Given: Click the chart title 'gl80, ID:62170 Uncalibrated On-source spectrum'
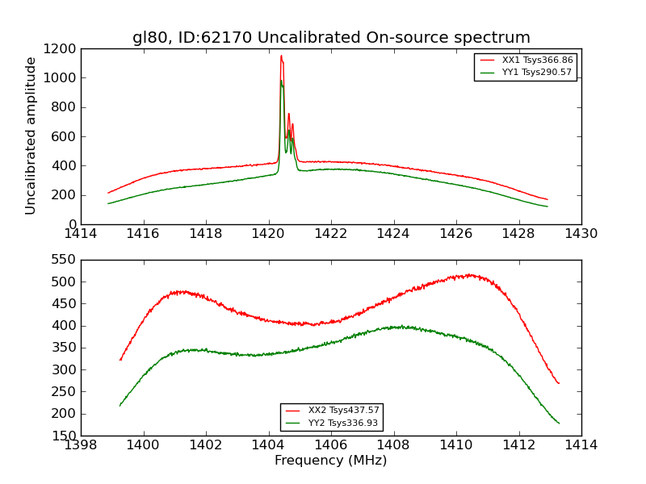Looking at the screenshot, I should [x=331, y=38].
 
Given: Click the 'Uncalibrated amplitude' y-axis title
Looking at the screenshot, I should [x=31, y=136].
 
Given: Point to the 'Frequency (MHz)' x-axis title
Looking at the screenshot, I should [x=331, y=461].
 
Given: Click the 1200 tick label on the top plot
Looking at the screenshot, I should [x=61, y=48].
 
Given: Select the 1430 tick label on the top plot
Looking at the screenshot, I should [x=581, y=234].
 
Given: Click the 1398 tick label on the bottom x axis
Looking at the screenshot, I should [x=81, y=445].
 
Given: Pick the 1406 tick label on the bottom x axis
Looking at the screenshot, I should [x=331, y=445].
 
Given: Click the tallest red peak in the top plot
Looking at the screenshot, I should [x=281, y=56].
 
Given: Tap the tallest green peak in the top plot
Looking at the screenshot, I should [x=281, y=80].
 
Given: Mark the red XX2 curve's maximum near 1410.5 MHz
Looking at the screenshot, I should [x=470, y=274].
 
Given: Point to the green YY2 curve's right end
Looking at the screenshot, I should [x=559, y=423].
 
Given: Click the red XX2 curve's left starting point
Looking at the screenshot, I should [x=120, y=360].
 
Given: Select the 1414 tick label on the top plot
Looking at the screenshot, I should [x=81, y=234].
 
